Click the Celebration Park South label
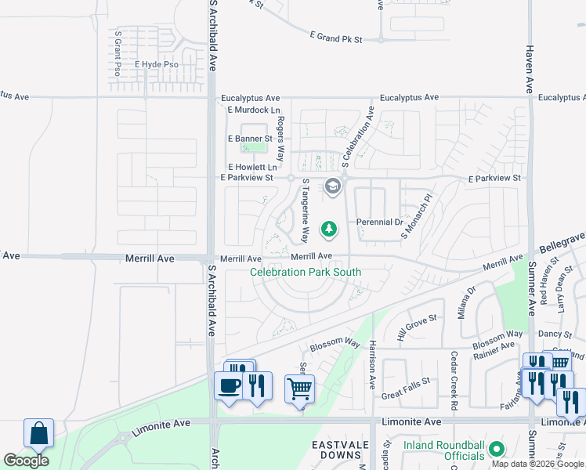306,273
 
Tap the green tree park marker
330,229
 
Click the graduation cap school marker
332,186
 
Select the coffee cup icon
230,386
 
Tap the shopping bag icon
38,433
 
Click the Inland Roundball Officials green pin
496,450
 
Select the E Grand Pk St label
336,37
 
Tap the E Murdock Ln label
254,110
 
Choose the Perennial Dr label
379,222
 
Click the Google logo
26,461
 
